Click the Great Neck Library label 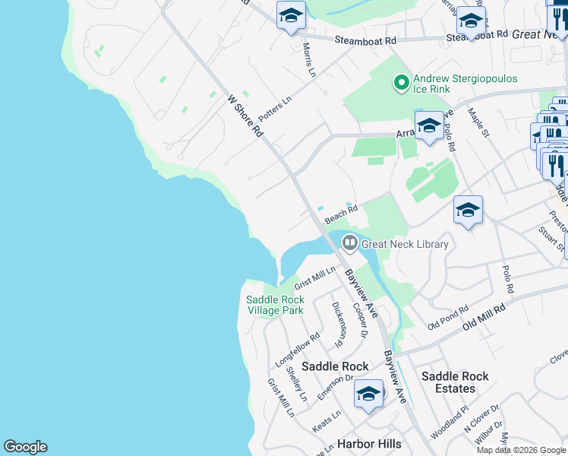pyautogui.click(x=405, y=244)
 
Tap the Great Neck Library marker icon pyautogui.click(x=350, y=244)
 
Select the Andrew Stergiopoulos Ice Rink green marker pyautogui.click(x=401, y=81)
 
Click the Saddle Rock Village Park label pyautogui.click(x=275, y=305)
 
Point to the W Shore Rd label pyautogui.click(x=245, y=116)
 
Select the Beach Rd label pyautogui.click(x=341, y=214)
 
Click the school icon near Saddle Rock pyautogui.click(x=368, y=394)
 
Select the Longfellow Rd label pyautogui.click(x=302, y=350)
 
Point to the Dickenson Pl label pyautogui.click(x=339, y=320)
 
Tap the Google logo pyautogui.click(x=25, y=447)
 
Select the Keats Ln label pyautogui.click(x=327, y=423)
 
